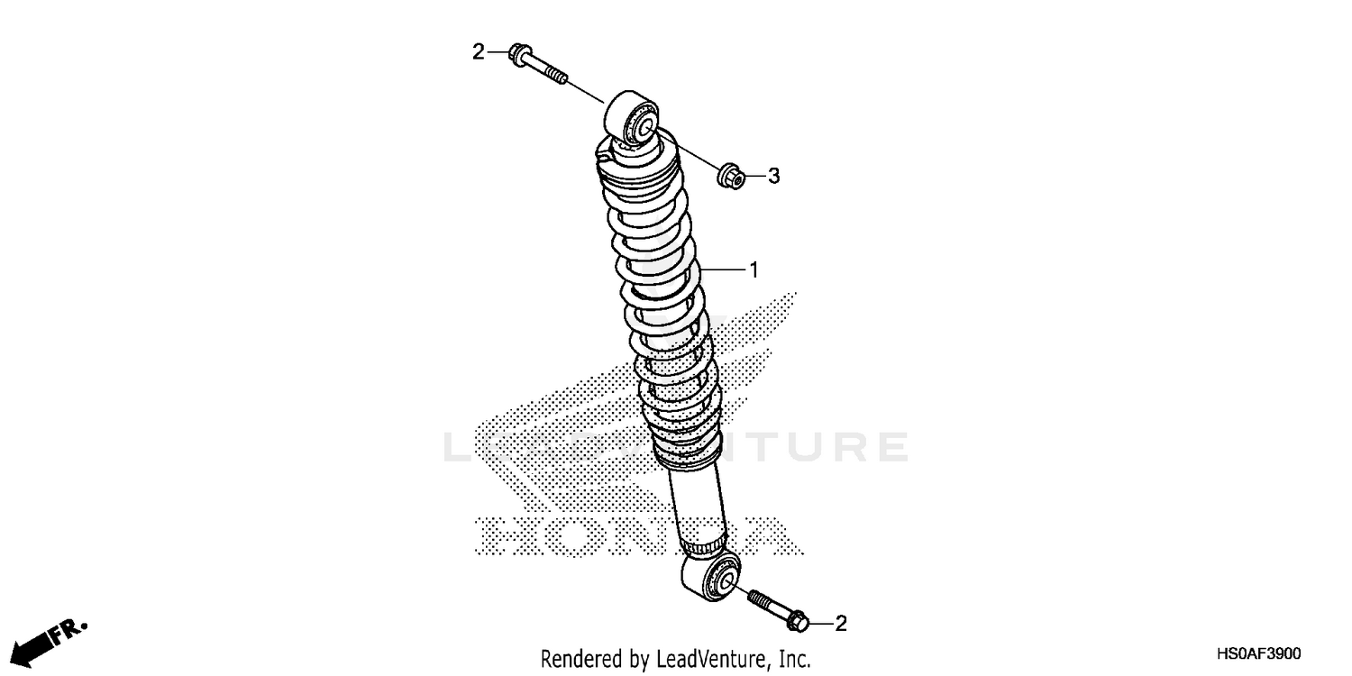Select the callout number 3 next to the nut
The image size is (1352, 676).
(773, 177)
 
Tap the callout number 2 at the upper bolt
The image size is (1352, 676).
(479, 51)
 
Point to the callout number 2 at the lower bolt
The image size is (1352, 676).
(841, 623)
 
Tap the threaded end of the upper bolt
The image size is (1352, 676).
(556, 77)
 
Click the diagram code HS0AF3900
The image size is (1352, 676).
(1257, 653)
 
